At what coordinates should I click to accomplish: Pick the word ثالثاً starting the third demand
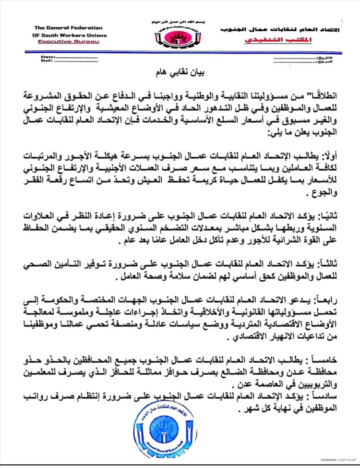coord(334,262)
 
